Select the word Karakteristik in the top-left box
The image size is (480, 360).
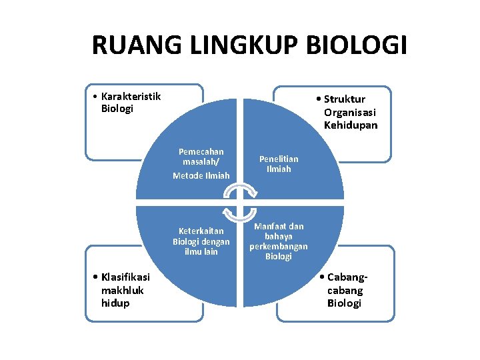(131, 96)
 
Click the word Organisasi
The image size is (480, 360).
(351, 112)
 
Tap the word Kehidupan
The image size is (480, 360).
(351, 125)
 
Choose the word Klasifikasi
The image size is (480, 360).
(125, 277)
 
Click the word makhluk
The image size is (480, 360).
(121, 290)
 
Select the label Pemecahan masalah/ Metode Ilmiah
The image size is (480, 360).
(201, 163)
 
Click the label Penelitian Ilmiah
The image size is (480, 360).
(279, 163)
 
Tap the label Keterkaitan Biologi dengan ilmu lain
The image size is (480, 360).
(201, 241)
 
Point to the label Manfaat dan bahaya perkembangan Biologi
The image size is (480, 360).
(279, 241)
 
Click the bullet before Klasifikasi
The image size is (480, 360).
(97, 277)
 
